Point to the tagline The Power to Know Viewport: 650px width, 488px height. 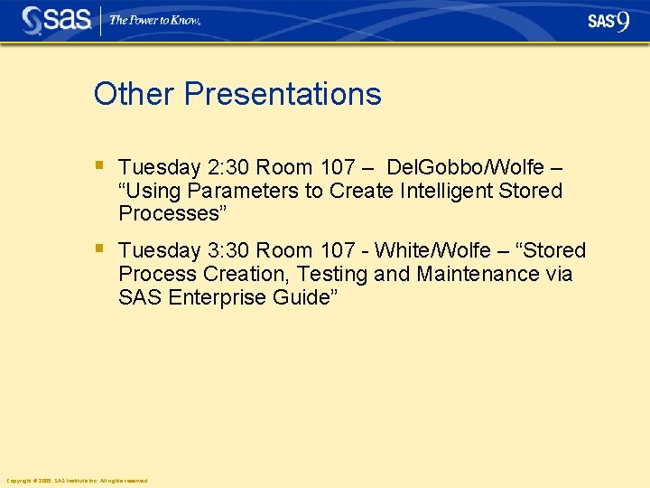pos(154,20)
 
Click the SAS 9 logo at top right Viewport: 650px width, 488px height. pos(608,21)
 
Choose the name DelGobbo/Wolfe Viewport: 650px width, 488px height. pos(466,168)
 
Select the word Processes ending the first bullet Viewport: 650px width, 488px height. pos(170,214)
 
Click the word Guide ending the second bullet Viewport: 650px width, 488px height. pos(302,297)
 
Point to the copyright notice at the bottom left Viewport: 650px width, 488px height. pos(77,481)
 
